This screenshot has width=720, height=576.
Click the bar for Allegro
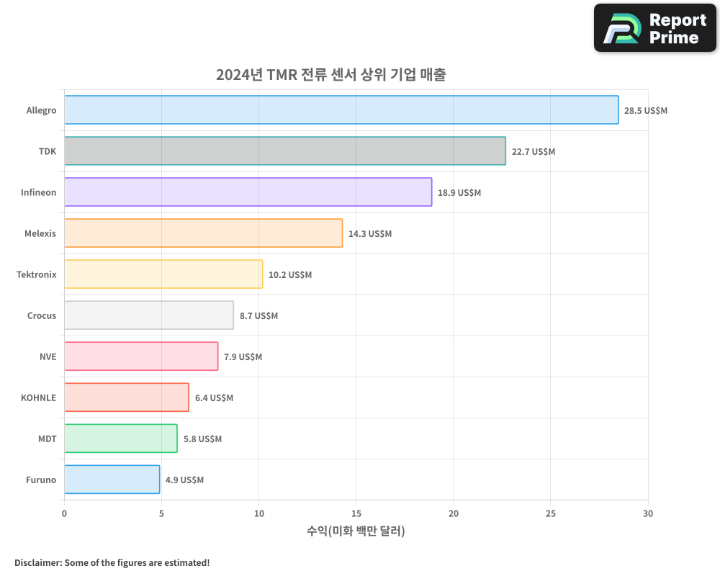341,110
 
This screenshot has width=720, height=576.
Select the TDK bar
285,151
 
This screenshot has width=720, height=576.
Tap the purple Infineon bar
248,192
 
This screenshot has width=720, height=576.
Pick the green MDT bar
120,438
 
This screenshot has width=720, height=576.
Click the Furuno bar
112,480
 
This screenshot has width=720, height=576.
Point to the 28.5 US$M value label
646,111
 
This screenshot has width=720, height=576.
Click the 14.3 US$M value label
370,234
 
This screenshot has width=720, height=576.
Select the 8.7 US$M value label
258,316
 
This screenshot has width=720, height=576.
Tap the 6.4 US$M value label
214,398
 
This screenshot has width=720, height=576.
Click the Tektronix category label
36,274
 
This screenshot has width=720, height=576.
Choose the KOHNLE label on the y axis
38,397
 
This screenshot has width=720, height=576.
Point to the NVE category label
48,356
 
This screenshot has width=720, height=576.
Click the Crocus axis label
42,315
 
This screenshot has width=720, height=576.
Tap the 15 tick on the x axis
356,514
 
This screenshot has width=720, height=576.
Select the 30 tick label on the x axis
648,514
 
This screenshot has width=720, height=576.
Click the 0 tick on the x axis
65,514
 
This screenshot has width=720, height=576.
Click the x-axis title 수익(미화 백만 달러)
356,531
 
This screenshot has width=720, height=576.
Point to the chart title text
331,75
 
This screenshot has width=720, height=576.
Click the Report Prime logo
654,28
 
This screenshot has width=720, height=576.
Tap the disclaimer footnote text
112,562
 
